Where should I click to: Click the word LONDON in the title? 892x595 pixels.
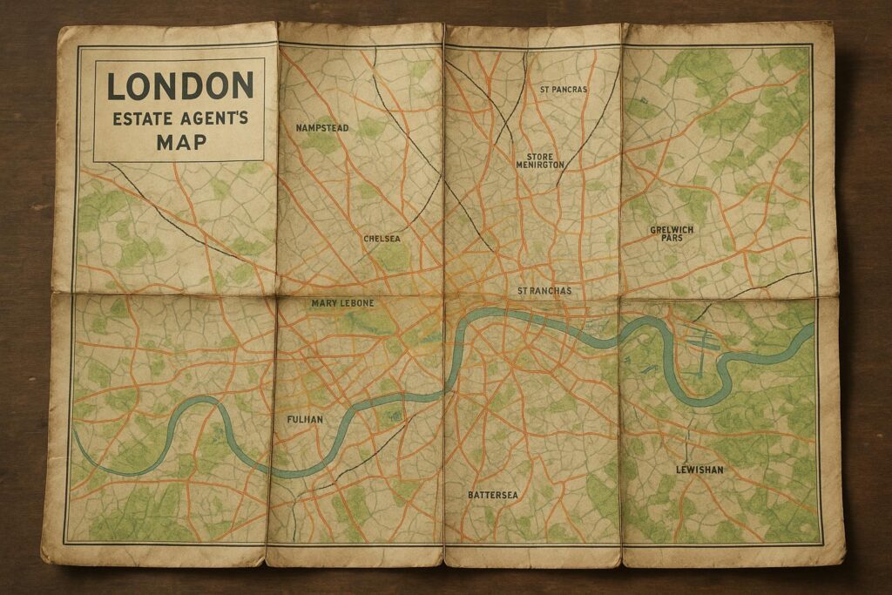(x=179, y=86)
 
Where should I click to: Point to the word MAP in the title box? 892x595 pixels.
(x=181, y=141)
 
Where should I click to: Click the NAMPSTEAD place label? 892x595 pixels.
(x=321, y=128)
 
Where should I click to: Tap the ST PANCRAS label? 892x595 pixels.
(x=564, y=89)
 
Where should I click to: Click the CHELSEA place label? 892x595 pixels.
(x=382, y=237)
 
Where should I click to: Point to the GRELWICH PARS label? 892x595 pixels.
(x=672, y=233)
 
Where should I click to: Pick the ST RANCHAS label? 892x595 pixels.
(x=544, y=290)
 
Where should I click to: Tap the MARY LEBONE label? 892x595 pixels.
(x=342, y=302)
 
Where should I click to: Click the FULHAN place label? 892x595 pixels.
(x=305, y=420)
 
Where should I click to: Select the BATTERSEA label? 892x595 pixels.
(x=492, y=495)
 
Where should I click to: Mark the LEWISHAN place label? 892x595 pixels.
(x=699, y=470)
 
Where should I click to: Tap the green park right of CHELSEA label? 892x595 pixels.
(x=395, y=255)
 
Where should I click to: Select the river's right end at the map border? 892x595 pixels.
(x=812, y=328)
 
